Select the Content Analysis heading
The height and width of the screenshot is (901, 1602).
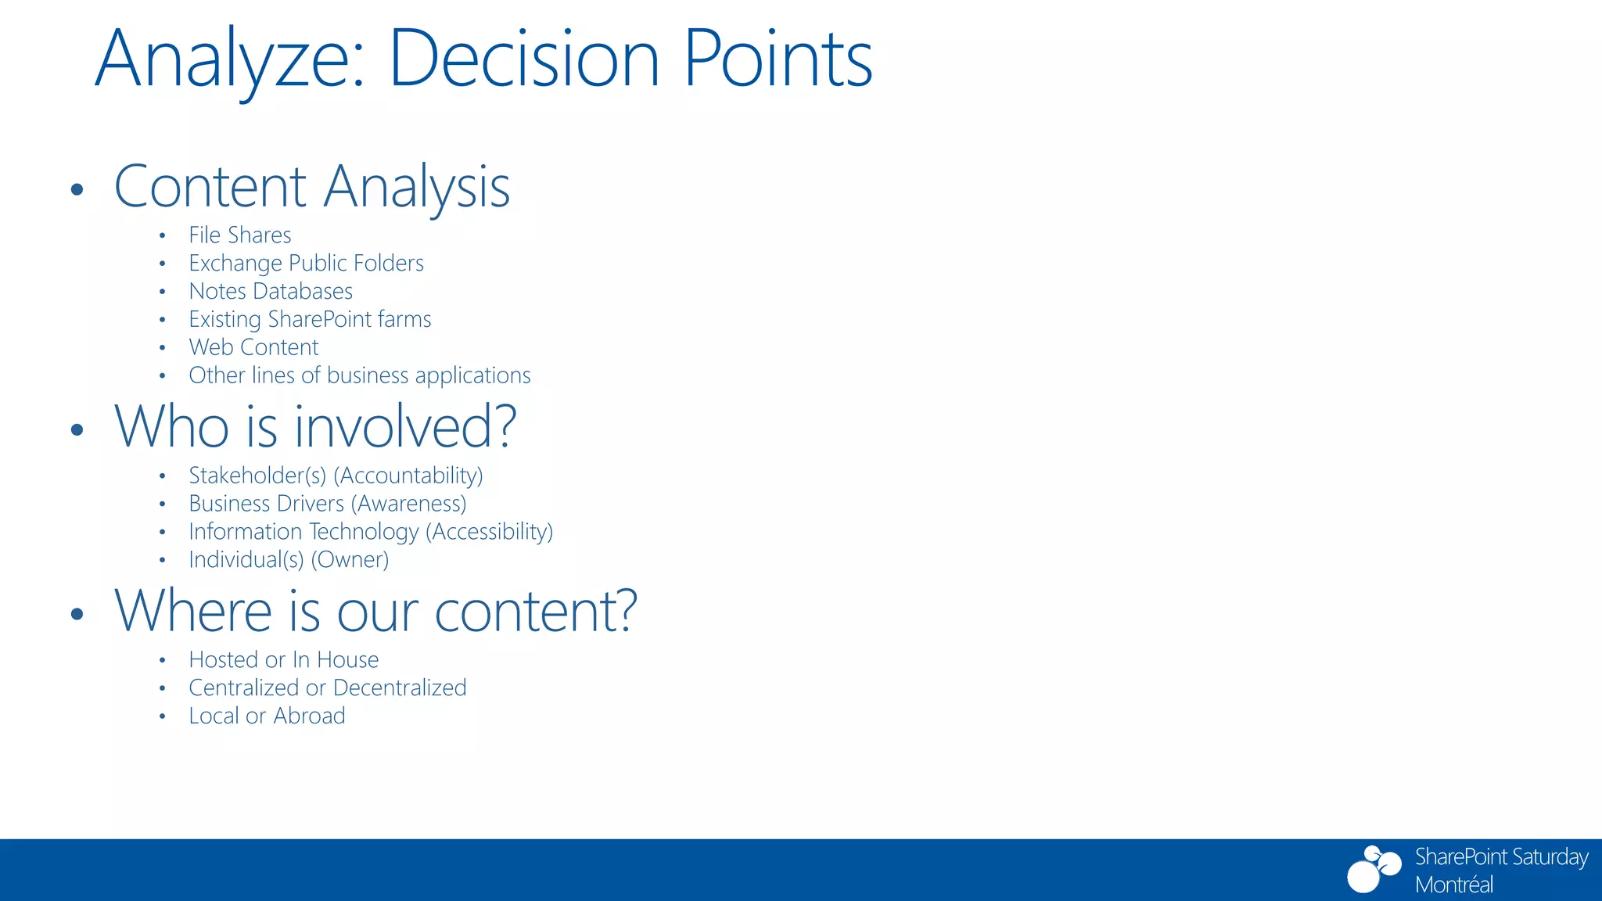(311, 187)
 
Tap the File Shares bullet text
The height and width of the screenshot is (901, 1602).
(239, 235)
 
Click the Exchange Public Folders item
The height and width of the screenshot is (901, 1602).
(306, 264)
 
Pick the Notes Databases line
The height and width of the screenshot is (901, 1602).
(271, 292)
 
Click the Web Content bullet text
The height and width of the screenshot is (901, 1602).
(253, 347)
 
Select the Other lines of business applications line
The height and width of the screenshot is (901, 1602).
(359, 375)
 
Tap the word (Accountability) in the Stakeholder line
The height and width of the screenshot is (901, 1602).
(408, 476)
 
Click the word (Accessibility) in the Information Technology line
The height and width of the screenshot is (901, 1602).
(489, 532)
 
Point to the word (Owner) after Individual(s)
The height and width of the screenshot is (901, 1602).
(350, 560)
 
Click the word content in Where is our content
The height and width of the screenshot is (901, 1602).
(534, 611)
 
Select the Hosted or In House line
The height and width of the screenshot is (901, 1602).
(283, 660)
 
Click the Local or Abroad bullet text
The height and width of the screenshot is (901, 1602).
(267, 716)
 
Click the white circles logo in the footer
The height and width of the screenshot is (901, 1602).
(1373, 869)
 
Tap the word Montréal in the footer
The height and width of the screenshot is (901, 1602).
(1453, 885)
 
